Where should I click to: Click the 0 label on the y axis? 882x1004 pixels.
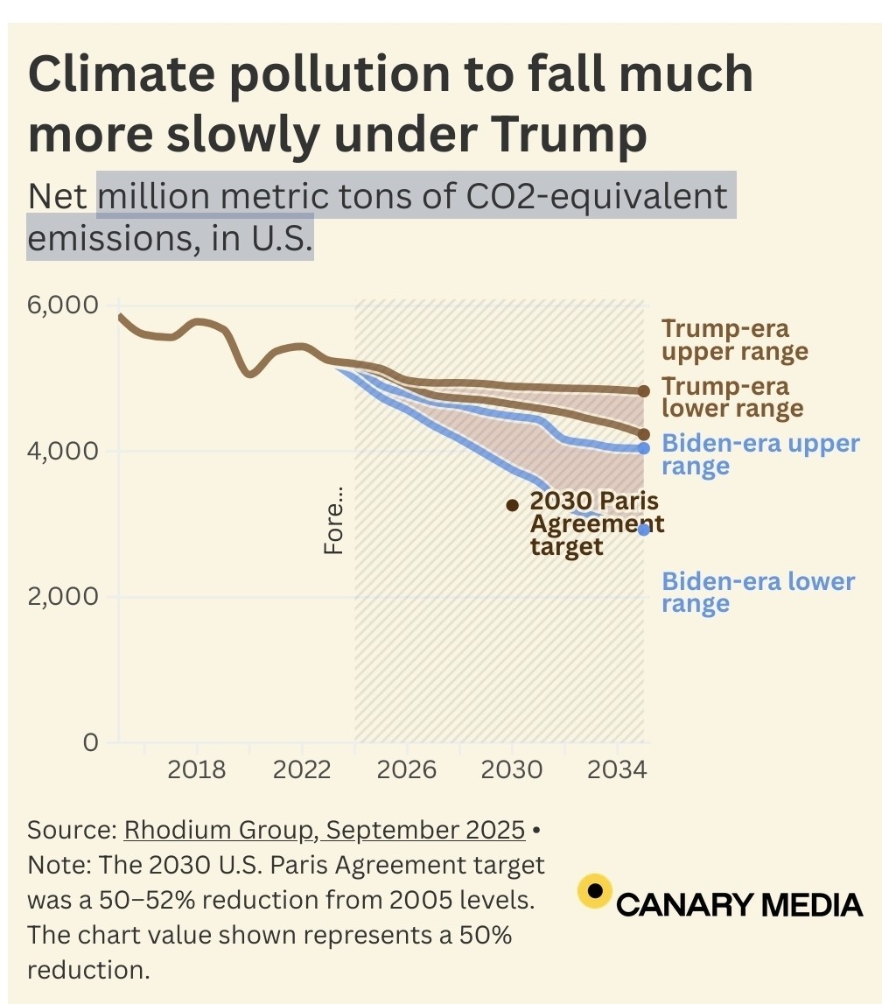(x=90, y=742)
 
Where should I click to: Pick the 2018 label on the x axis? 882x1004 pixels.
(x=197, y=770)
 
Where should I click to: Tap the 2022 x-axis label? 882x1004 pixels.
(x=302, y=770)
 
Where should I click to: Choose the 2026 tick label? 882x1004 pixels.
(x=407, y=770)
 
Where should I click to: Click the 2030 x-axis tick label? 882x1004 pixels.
(x=512, y=770)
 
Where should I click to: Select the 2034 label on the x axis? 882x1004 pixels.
(x=617, y=770)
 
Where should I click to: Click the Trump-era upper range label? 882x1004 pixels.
(x=733, y=341)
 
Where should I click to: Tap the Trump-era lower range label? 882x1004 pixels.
(x=731, y=397)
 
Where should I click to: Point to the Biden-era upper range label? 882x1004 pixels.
(x=759, y=453)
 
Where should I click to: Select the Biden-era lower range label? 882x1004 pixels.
(x=757, y=593)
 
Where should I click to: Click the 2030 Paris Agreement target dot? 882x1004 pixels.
(x=513, y=505)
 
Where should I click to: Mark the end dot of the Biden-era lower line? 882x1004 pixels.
(x=644, y=529)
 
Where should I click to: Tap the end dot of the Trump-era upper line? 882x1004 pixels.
(x=644, y=391)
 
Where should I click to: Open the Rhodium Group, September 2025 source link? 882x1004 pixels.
(x=325, y=830)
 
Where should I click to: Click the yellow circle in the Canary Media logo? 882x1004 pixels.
(x=595, y=891)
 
